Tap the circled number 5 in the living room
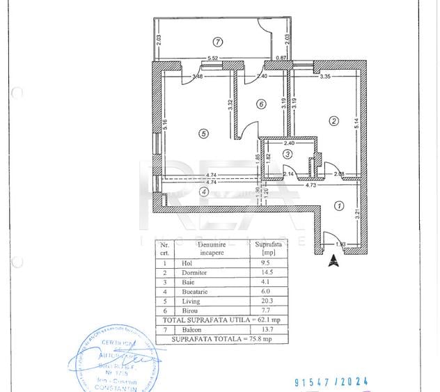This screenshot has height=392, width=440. [203, 134]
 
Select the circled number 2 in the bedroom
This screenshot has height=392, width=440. [333, 121]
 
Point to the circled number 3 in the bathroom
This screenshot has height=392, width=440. [287, 153]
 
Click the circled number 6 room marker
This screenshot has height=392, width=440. [261, 104]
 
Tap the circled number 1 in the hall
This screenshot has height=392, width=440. [338, 205]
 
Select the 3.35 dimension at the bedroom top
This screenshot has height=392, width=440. [324, 77]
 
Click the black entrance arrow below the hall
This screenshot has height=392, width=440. [333, 260]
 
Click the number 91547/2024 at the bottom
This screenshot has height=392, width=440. [331, 382]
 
